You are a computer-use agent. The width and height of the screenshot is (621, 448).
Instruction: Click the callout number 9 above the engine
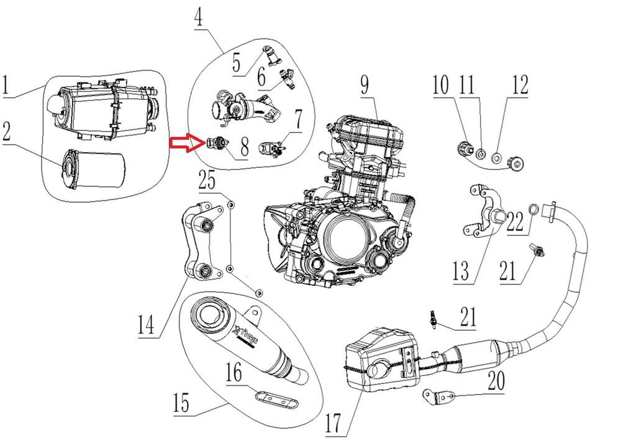coord(365,87)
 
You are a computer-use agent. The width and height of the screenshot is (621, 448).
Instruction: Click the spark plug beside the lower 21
coord(431,319)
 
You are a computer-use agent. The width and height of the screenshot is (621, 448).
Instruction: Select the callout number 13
coord(461,272)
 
